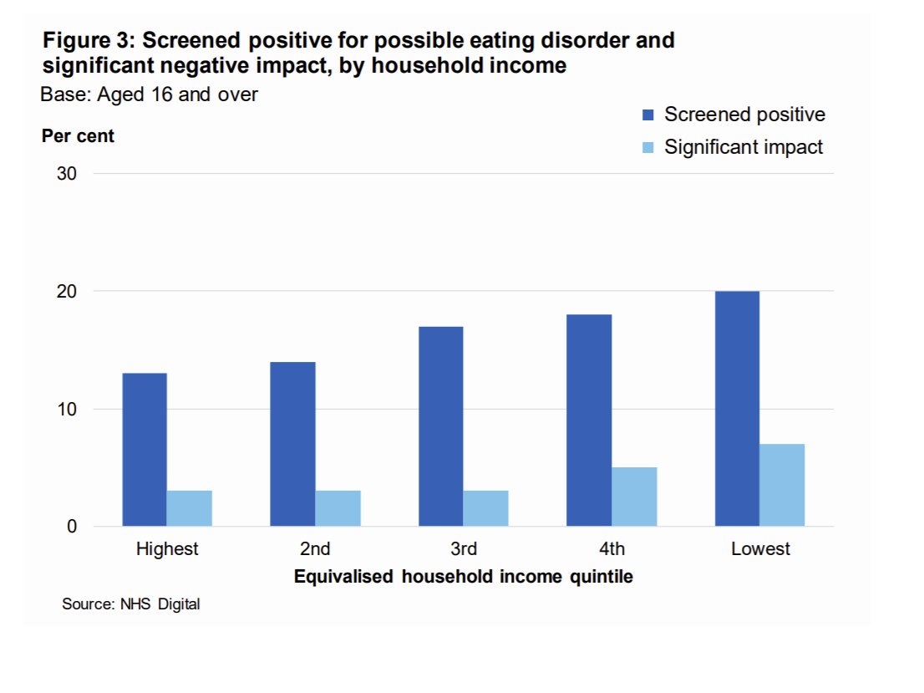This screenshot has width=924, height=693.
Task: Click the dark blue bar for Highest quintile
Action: tap(145, 450)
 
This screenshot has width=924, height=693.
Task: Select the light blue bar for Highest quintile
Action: tap(190, 508)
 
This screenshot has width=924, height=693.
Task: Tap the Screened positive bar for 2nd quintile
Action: tap(293, 444)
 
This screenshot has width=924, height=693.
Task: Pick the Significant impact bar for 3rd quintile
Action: tap(486, 508)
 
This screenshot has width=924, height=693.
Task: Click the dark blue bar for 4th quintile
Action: tap(589, 420)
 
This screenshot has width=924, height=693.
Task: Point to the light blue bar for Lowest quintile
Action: tap(782, 485)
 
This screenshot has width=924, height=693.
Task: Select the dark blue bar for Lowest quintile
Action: tap(737, 409)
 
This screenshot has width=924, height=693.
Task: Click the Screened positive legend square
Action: tap(647, 115)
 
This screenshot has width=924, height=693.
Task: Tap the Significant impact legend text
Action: tap(744, 147)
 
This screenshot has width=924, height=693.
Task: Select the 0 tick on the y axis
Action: tap(72, 527)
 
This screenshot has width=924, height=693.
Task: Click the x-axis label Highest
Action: tap(167, 549)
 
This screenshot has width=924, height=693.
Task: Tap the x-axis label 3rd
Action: tap(464, 549)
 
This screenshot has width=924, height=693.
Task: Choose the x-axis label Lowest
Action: tap(759, 549)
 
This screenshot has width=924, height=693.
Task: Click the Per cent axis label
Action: tap(78, 136)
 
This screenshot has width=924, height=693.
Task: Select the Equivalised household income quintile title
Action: tap(463, 577)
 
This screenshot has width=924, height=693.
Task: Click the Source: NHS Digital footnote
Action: tap(131, 604)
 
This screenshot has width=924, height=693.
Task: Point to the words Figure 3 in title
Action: tap(86, 40)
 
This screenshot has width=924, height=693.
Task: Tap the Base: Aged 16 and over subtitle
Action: tap(149, 94)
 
